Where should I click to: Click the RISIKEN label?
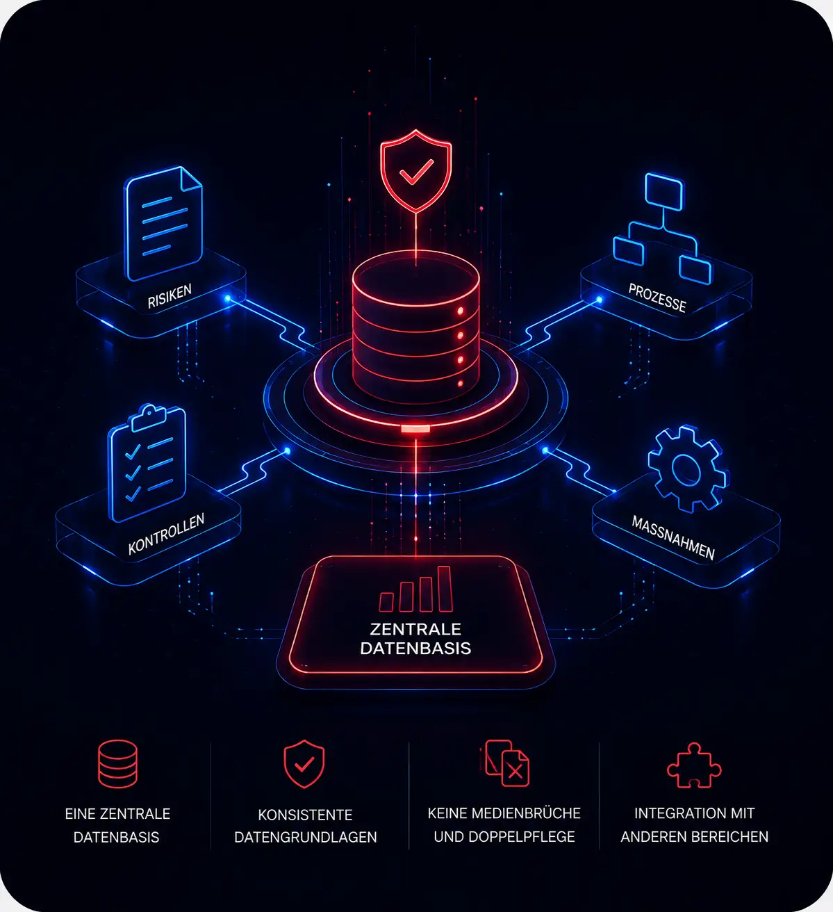click(170, 296)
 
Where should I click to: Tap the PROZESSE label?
click(657, 298)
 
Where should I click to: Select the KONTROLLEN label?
click(166, 534)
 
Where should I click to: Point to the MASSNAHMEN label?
click(673, 538)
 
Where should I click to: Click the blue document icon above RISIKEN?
click(163, 222)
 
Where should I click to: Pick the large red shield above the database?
click(416, 171)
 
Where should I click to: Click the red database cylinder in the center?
click(416, 326)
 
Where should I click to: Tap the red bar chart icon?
click(416, 589)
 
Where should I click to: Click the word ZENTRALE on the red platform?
click(415, 629)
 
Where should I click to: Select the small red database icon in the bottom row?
click(117, 764)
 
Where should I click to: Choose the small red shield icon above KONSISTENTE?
click(304, 764)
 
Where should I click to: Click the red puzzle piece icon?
click(694, 765)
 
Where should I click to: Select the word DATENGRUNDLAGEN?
click(306, 837)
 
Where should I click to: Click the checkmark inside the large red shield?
click(416, 171)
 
